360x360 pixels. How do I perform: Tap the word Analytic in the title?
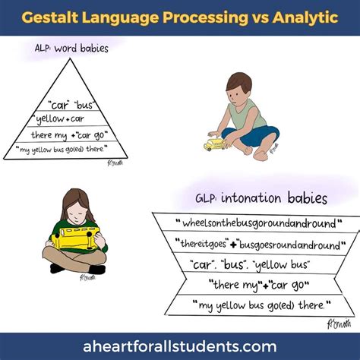(305, 18)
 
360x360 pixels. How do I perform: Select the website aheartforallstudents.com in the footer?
(180, 346)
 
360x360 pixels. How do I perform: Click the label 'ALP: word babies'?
(71, 48)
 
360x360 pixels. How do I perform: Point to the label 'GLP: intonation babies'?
(261, 197)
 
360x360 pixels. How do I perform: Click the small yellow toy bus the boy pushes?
(215, 144)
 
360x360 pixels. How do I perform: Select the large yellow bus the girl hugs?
(75, 238)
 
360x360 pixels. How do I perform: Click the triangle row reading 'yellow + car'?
(59, 118)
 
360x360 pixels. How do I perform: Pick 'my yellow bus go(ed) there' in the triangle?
(62, 149)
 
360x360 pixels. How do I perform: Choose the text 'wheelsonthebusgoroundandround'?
(259, 223)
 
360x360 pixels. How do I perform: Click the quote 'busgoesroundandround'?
(289, 245)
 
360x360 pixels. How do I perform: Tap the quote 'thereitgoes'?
(202, 244)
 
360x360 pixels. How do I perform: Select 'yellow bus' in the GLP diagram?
(281, 265)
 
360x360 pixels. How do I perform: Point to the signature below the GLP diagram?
(339, 324)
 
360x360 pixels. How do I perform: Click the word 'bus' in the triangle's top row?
(84, 105)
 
